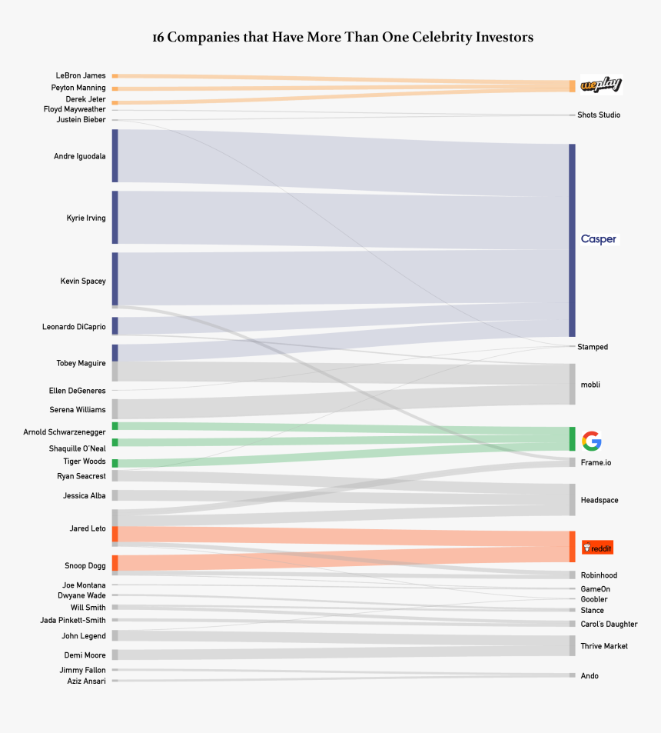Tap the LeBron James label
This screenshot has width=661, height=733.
[x=81, y=75]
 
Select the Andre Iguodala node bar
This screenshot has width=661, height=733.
[x=115, y=155]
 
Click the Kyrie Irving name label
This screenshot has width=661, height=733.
[x=86, y=218]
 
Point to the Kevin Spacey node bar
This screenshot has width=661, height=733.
[x=115, y=278]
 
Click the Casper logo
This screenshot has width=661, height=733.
[x=598, y=239]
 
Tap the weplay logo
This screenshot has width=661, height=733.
[x=600, y=85]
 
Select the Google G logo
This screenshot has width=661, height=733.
[x=591, y=441]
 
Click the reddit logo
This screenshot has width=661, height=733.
[x=597, y=548]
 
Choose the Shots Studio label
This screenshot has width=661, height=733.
[x=599, y=115]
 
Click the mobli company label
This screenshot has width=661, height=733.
[x=590, y=384]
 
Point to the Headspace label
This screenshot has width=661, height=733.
[x=600, y=500]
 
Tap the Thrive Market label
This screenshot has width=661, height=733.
[x=604, y=646]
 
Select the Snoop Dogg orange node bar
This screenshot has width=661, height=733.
[x=115, y=563]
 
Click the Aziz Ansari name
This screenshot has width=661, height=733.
[x=86, y=681]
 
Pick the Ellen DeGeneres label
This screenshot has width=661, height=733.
[x=77, y=391]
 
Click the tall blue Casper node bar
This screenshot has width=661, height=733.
[x=572, y=240]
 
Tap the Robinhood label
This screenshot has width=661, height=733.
[x=599, y=575]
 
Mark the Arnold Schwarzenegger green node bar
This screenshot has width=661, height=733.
[x=115, y=425]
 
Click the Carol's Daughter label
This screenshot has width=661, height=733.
[x=609, y=624]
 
